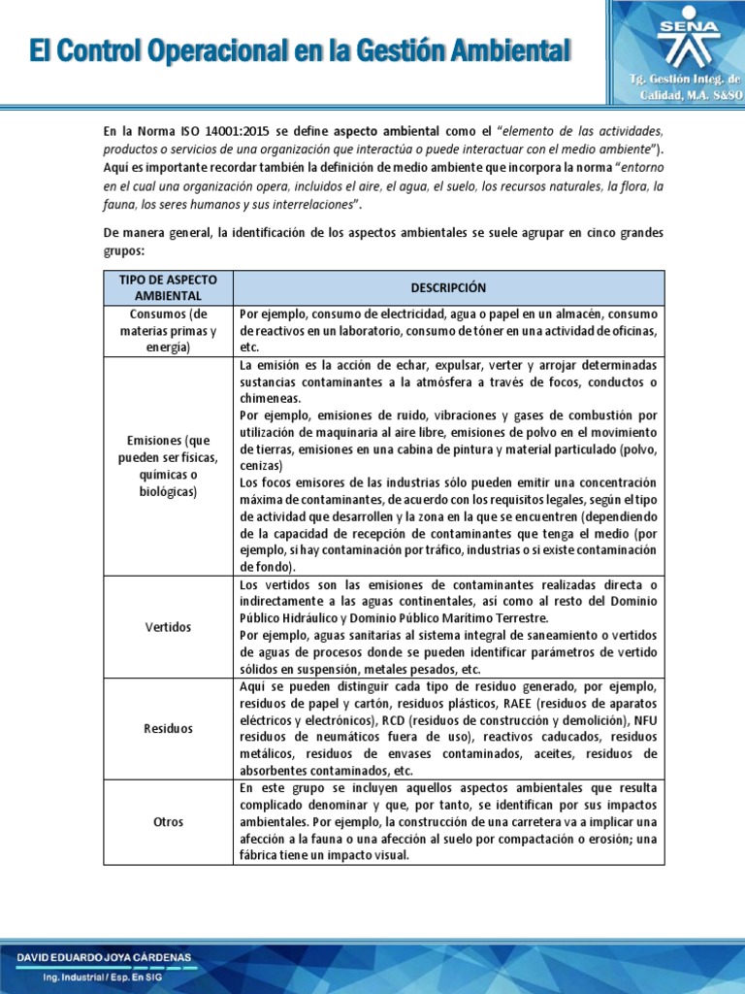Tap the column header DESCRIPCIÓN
click(448, 288)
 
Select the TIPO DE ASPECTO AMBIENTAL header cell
click(169, 288)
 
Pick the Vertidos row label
click(169, 627)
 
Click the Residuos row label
click(169, 727)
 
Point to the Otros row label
click(169, 822)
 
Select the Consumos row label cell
click(169, 330)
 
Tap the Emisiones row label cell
click(169, 466)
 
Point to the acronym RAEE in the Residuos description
click(511, 703)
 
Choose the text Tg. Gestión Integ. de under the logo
click(688, 77)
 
